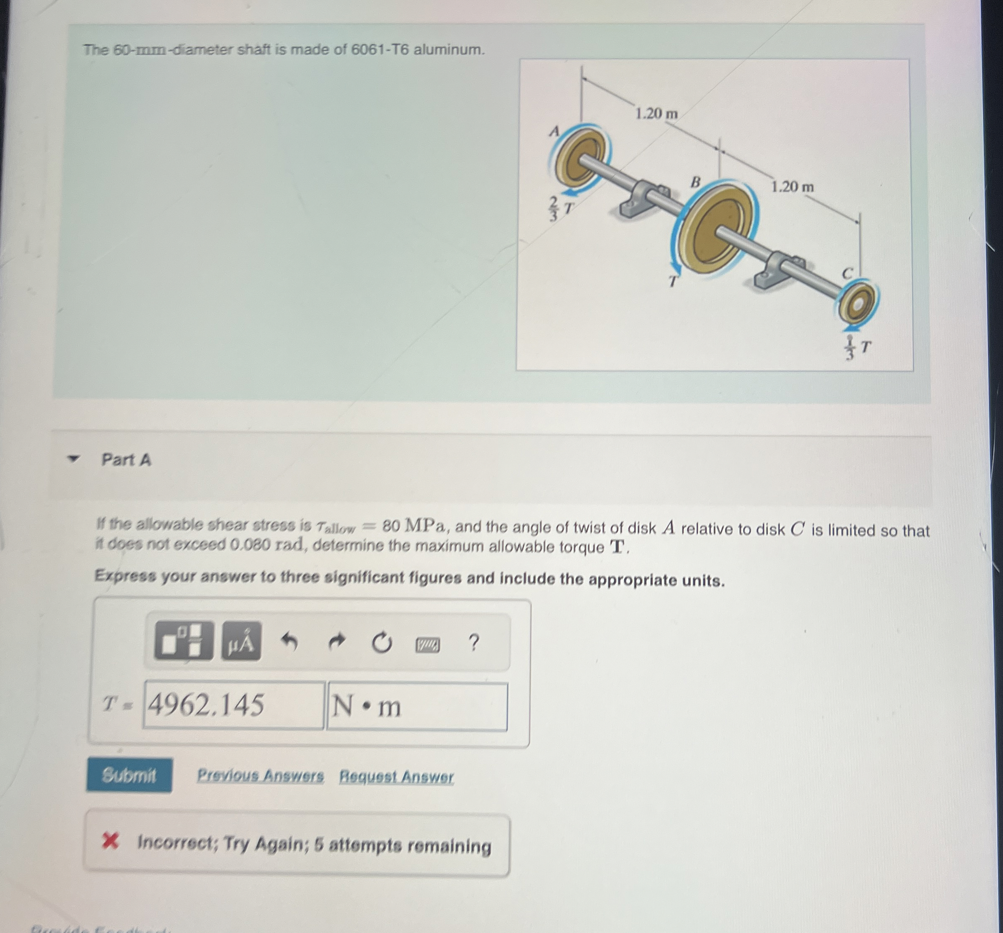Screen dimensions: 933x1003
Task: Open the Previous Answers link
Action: pos(260,775)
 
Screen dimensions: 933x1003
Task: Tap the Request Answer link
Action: pos(396,776)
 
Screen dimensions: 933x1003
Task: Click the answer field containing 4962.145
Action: pos(233,704)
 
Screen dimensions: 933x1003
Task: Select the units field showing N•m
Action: pos(417,706)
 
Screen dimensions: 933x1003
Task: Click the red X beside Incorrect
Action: pos(110,841)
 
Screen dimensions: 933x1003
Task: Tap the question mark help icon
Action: pos(473,643)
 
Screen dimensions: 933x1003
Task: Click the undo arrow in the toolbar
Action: pos(289,641)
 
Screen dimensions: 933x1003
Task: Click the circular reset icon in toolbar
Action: pos(381,643)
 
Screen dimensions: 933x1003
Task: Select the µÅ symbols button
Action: pos(241,641)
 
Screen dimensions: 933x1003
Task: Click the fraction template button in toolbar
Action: pos(184,641)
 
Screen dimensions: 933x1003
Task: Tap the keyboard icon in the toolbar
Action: pos(427,644)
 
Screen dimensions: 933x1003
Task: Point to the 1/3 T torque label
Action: pos(857,348)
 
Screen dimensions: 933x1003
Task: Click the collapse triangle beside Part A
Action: pos(74,459)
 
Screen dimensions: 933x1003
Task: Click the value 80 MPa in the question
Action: pos(414,526)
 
